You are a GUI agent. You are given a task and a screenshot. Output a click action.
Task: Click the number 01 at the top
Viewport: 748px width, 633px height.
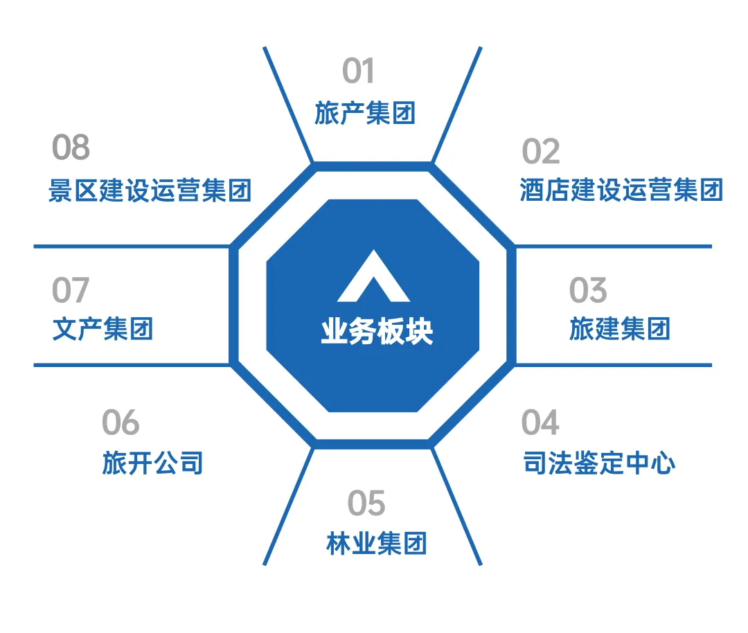click(358, 71)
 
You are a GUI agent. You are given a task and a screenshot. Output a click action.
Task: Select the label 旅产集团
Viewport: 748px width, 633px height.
click(365, 113)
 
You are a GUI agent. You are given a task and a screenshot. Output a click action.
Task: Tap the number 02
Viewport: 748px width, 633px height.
click(540, 152)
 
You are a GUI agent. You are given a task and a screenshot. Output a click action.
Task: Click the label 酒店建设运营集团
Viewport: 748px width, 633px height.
click(621, 190)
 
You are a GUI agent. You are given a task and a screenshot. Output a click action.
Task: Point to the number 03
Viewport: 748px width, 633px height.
click(587, 291)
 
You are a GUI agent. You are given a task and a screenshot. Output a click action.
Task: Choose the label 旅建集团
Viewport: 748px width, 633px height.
click(620, 329)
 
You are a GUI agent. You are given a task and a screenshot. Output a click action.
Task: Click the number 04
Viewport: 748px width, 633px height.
click(540, 423)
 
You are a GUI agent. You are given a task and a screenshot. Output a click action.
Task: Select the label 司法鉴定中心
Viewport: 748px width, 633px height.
click(599, 463)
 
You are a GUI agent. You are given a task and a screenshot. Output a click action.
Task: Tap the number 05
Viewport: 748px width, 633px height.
click(366, 504)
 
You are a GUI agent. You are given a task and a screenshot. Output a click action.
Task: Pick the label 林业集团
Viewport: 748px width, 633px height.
click(376, 544)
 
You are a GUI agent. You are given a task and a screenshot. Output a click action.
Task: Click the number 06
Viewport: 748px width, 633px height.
click(121, 423)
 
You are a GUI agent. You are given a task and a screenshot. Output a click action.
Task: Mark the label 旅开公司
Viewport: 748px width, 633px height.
click(152, 463)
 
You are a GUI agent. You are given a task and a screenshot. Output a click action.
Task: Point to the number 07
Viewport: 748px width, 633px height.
click(71, 290)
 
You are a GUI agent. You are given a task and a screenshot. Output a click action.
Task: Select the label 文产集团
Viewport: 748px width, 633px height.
click(103, 329)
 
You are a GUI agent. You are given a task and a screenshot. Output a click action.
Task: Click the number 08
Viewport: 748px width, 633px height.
click(71, 148)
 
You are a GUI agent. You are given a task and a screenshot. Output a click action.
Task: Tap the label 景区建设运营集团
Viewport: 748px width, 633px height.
click(150, 190)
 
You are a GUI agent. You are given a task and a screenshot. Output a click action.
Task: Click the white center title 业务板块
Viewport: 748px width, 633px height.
click(377, 332)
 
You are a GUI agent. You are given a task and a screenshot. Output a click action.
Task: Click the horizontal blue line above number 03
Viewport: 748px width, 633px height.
click(614, 246)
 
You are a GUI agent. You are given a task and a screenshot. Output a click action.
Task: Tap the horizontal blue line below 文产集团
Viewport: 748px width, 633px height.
click(132, 364)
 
